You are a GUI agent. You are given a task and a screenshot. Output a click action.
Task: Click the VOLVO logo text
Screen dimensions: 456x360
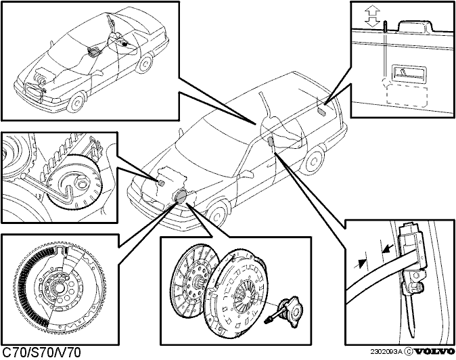point(434,352)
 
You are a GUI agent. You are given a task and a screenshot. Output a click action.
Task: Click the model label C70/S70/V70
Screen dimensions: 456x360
point(41,353)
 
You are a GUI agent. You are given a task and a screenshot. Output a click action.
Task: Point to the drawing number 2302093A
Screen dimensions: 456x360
point(386,352)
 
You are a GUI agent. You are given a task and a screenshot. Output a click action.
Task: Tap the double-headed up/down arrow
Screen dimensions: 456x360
point(373,18)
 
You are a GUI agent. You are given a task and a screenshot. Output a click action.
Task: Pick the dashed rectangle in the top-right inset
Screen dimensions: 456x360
point(406,95)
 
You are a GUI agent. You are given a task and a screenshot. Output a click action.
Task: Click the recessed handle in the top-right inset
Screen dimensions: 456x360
point(409,72)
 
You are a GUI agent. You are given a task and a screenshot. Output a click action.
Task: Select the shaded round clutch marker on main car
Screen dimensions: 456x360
point(180,195)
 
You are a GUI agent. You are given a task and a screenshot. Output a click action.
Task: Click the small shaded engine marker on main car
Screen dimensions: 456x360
point(162,182)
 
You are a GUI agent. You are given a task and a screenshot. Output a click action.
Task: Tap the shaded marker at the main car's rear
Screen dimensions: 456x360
point(321,110)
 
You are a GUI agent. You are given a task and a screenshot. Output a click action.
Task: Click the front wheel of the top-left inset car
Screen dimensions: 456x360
point(76,102)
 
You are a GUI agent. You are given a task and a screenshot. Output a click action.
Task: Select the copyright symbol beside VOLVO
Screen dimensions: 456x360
point(409,352)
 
